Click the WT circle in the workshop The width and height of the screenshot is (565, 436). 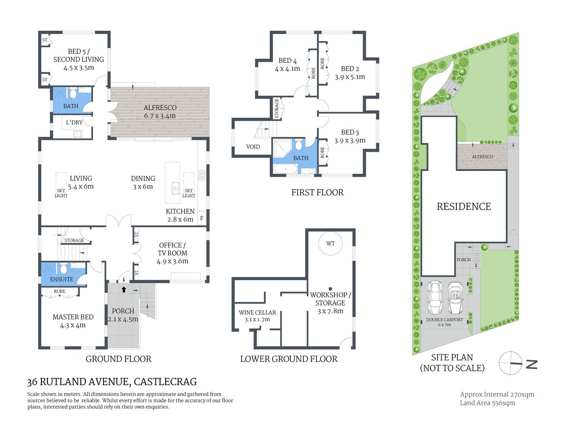330,243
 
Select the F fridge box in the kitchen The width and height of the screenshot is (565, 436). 202,218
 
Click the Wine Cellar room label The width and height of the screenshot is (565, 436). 257,312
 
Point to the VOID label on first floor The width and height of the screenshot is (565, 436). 253,147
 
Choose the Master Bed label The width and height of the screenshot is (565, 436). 73,317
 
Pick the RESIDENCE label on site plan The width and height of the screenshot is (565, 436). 464,207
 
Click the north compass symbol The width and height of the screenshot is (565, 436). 510,363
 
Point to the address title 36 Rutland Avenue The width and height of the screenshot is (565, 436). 112,382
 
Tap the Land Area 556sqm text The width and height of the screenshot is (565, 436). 487,403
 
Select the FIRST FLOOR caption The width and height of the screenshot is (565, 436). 317,193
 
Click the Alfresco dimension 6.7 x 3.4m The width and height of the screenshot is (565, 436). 160,116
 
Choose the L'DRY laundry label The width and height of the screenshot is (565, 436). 74,122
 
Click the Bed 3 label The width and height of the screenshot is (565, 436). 350,132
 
